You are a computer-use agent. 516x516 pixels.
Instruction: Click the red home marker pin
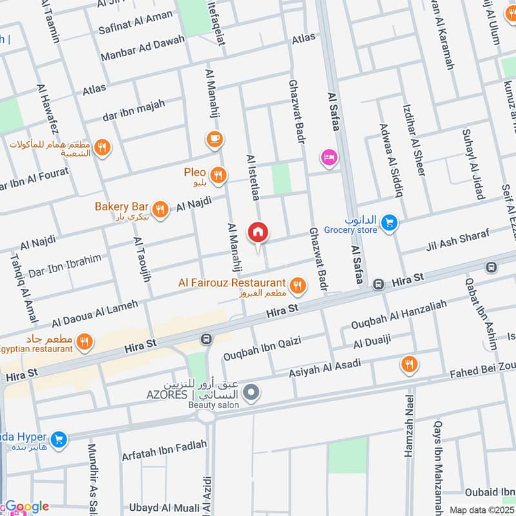(258, 233)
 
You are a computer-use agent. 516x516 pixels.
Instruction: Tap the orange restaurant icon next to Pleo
(219, 174)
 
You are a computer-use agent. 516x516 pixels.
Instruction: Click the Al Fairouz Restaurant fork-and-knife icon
(297, 284)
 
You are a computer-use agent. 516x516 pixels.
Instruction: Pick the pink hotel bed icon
(329, 157)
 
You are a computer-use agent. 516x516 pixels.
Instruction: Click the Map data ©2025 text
(481, 509)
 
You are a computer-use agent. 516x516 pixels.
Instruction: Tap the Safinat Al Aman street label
(135, 22)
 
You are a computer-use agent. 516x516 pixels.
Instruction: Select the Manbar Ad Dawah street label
(143, 49)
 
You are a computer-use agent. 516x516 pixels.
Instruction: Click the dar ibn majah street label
(134, 110)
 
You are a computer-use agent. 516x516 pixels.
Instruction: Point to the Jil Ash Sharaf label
(458, 240)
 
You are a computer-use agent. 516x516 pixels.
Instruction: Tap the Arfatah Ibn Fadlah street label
(164, 451)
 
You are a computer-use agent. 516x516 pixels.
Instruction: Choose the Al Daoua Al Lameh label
(95, 313)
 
